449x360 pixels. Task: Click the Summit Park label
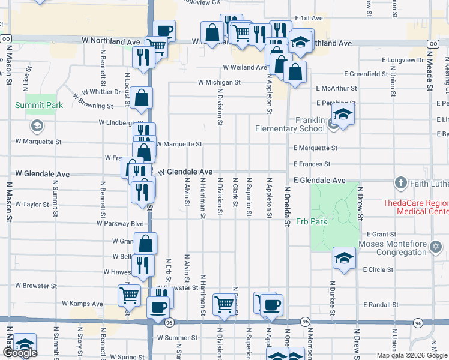[38, 105]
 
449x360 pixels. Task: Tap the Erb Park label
[312, 221]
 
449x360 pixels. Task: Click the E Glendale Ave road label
[319, 180]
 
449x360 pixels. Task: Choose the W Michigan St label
[220, 82]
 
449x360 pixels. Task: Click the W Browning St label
[93, 101]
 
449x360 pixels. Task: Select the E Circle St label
[378, 269]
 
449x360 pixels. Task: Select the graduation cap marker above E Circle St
[345, 258]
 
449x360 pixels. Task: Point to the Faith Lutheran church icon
[401, 182]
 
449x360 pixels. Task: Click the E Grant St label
[381, 234]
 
